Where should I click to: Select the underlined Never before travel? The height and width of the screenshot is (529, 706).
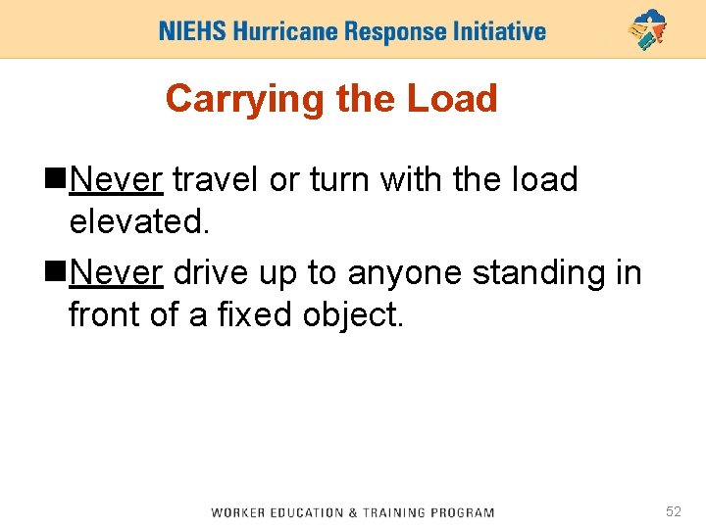pos(117,180)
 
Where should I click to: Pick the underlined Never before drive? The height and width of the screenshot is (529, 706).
pos(117,273)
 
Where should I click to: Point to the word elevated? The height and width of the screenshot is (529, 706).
pos(139,222)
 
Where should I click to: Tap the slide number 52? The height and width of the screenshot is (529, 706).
pos(674,511)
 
